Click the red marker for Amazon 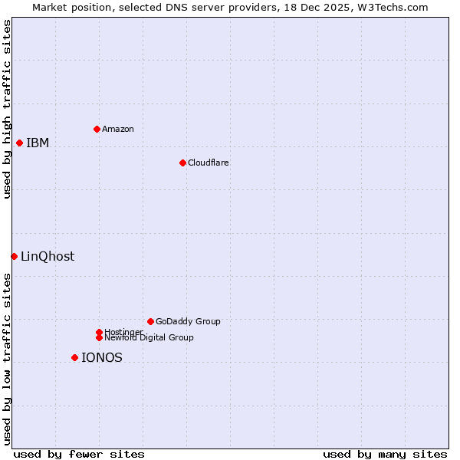[x=97, y=129]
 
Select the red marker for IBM [x=19, y=143]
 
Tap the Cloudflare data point [x=182, y=163]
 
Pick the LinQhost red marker [x=14, y=256]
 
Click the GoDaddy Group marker [x=150, y=321]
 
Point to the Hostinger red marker [x=99, y=332]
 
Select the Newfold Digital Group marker [x=99, y=337]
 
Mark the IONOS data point [x=74, y=357]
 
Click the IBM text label [x=38, y=143]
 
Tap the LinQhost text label [x=48, y=256]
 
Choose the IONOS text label [x=102, y=357]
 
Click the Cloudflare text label [x=209, y=163]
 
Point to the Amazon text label [x=118, y=129]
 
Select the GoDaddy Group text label [x=188, y=321]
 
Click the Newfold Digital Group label [x=149, y=337]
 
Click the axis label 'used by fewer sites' [x=79, y=454]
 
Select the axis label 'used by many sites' [x=385, y=454]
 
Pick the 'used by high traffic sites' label [x=7, y=109]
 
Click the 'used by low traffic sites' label [x=7, y=359]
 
